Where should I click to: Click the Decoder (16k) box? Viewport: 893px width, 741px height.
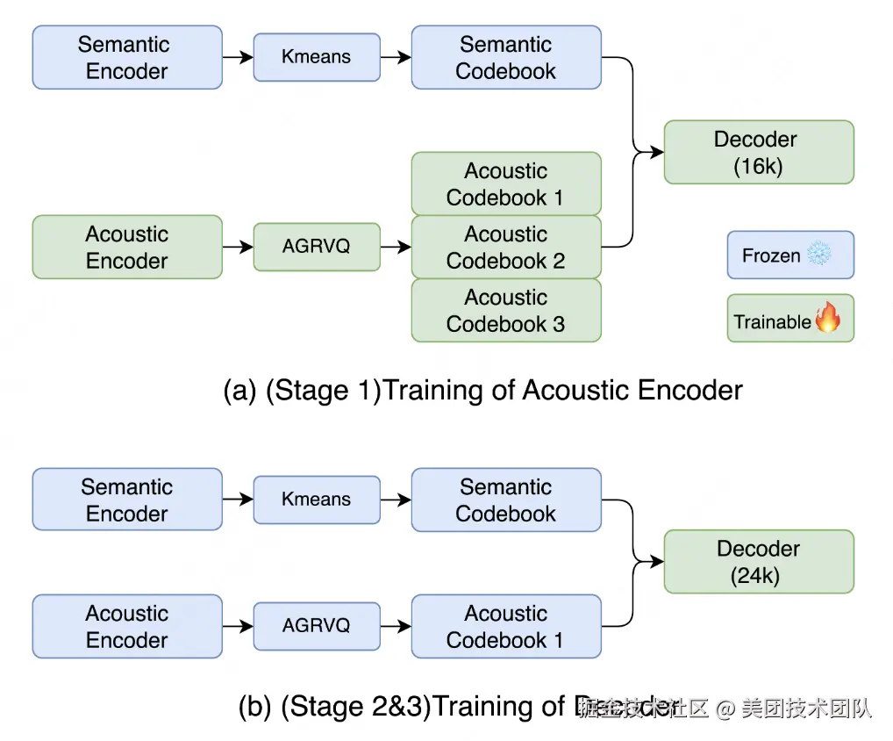pyautogui.click(x=758, y=152)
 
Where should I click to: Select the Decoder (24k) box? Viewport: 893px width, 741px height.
pyautogui.click(x=758, y=562)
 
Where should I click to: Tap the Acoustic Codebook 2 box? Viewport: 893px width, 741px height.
pyautogui.click(x=506, y=248)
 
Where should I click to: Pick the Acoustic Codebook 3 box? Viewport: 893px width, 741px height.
pyautogui.click(x=506, y=311)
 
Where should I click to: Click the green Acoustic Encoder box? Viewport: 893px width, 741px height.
pyautogui.click(x=127, y=248)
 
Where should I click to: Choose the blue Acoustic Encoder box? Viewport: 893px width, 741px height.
pyautogui.click(x=127, y=626)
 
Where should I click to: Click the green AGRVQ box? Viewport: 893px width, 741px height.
pyautogui.click(x=317, y=247)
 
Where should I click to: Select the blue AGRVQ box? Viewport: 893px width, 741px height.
pyautogui.click(x=317, y=626)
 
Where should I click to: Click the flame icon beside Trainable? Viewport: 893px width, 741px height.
pyautogui.click(x=826, y=318)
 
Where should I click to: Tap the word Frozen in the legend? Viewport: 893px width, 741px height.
pyautogui.click(x=771, y=256)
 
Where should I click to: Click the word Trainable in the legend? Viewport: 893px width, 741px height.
pyautogui.click(x=772, y=322)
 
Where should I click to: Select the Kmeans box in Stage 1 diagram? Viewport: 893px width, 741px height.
pyautogui.click(x=317, y=57)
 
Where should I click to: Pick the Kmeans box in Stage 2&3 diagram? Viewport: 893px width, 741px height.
pyautogui.click(x=317, y=500)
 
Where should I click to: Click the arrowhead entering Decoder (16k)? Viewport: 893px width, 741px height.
pyautogui.click(x=657, y=152)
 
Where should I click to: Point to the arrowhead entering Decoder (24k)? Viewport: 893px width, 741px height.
pyautogui.click(x=657, y=562)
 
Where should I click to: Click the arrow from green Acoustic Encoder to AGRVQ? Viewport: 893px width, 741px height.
pyautogui.click(x=238, y=248)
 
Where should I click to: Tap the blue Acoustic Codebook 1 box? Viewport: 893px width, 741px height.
pyautogui.click(x=506, y=626)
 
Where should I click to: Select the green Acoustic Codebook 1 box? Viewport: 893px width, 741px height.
pyautogui.click(x=506, y=183)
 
